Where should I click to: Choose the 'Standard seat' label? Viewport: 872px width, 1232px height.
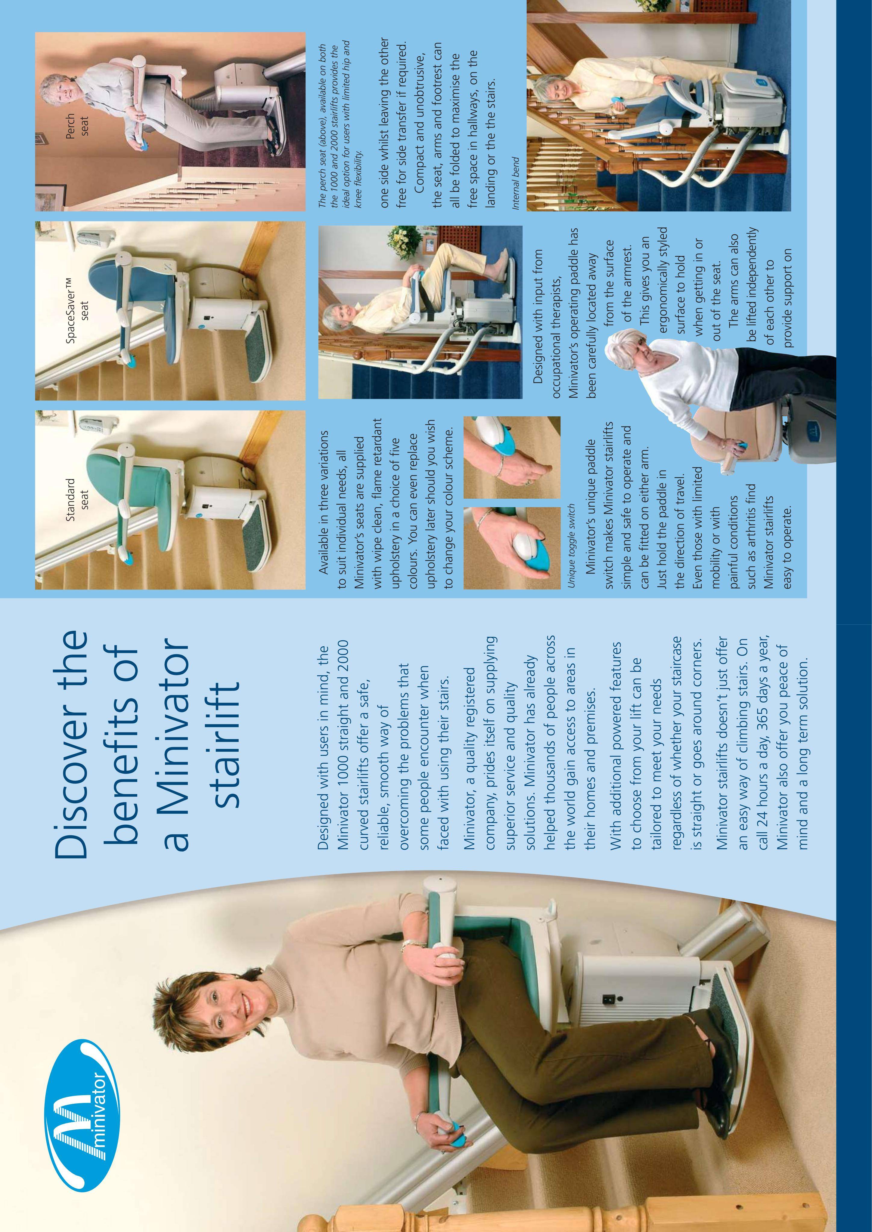pos(77,494)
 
